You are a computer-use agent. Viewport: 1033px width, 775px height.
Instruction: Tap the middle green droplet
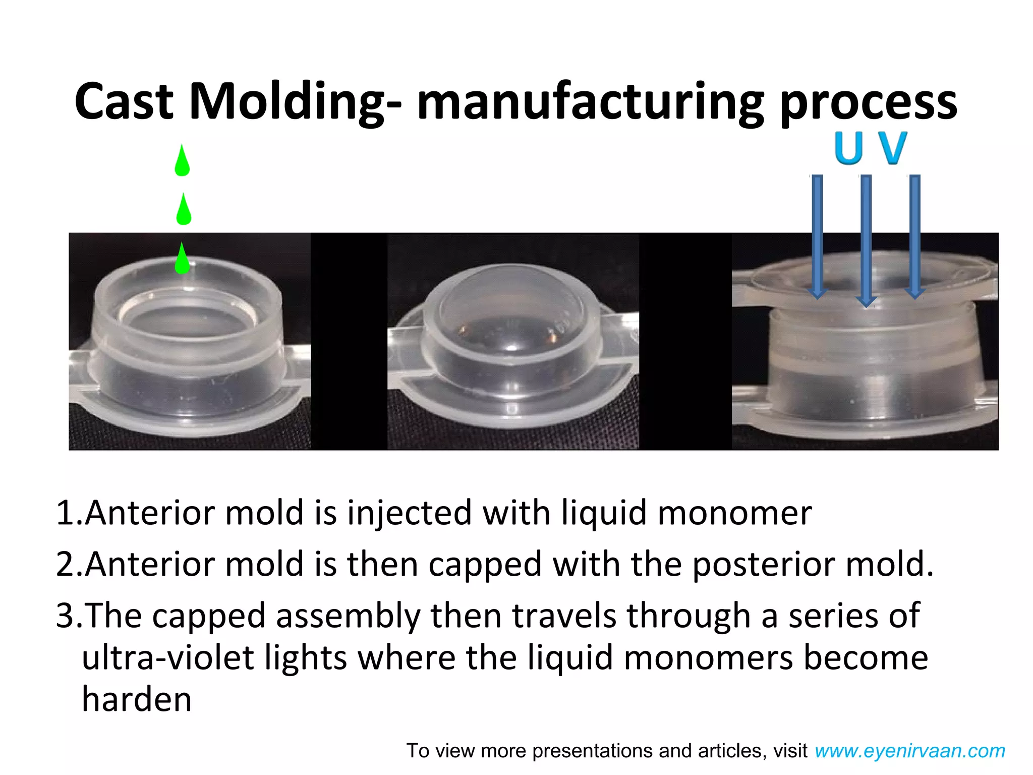(184, 211)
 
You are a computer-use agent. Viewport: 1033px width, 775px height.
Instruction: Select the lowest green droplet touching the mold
(182, 259)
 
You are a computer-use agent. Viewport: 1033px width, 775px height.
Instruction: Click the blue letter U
(848, 148)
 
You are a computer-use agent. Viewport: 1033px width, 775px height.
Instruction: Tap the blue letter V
(892, 148)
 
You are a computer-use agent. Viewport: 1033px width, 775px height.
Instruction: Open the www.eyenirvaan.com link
(910, 751)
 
